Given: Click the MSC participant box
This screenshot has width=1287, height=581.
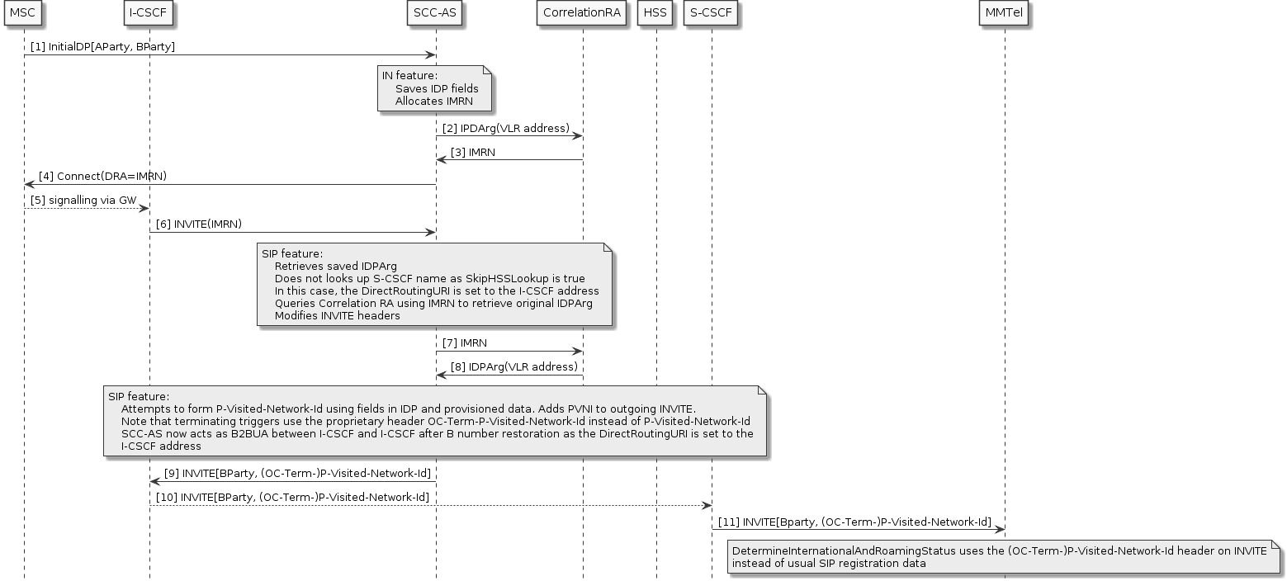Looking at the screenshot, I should click(23, 13).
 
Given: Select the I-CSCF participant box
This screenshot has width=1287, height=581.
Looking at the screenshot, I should click(149, 13).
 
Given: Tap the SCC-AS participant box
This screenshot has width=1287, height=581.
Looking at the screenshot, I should click(435, 13).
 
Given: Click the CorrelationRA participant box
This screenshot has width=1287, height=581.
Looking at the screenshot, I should click(582, 13).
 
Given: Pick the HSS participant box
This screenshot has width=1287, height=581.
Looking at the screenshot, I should click(656, 13).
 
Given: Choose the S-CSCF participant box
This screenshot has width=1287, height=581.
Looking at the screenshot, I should click(711, 13).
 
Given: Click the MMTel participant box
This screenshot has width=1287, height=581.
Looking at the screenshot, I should click(1005, 13).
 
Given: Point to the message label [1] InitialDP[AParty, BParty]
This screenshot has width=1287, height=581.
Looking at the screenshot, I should click(103, 47).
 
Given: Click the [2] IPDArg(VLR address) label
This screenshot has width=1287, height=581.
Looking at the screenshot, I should click(505, 128).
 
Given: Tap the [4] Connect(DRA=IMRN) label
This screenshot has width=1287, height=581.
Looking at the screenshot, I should click(103, 176).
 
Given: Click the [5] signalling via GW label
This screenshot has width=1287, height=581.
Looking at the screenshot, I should click(83, 200).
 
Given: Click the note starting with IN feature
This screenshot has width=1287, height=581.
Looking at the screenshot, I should click(435, 88).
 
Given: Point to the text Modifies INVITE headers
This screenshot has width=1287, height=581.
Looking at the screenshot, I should click(337, 315).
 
